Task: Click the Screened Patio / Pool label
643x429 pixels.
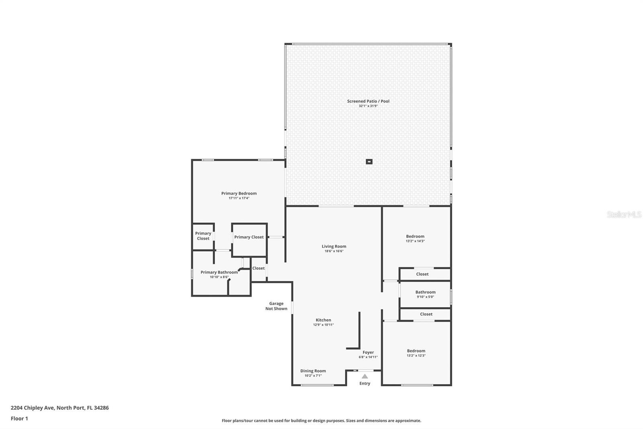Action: point(368,101)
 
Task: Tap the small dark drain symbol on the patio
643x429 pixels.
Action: point(369,162)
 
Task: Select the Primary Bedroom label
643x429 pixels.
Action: point(239,194)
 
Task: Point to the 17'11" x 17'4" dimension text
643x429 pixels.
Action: point(239,198)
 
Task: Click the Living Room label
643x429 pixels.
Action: point(334,246)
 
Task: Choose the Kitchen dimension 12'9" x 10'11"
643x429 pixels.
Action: point(323,325)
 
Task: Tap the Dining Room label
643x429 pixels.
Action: point(313,371)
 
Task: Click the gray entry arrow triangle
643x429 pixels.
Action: point(365,376)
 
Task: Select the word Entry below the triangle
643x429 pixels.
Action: point(365,383)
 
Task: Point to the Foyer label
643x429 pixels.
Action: point(368,352)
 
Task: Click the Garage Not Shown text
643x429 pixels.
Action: point(276,306)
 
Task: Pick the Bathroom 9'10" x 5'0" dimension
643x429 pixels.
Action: point(426,297)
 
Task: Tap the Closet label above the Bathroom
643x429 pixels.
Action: point(422,274)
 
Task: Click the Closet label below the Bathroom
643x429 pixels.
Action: point(426,314)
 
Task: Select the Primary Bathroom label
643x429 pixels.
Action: point(219,272)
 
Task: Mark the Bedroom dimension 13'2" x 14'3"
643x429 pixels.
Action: point(415,241)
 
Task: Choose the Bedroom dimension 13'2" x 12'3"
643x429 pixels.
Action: point(416,355)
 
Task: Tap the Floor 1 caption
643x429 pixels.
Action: point(19,419)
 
